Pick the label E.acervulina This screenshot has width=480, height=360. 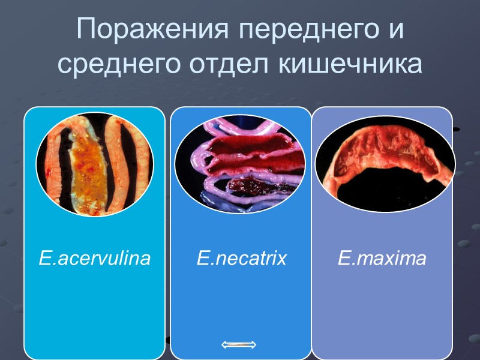[x=95, y=259]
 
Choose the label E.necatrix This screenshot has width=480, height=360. [x=241, y=259]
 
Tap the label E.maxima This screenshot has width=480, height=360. [x=382, y=259]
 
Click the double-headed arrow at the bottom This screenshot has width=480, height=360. [x=239, y=344]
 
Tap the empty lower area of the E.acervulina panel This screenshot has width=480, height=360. [x=95, y=312]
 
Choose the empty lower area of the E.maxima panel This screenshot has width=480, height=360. [x=382, y=312]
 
